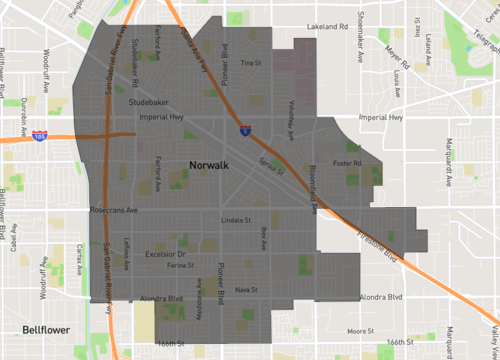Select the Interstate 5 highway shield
pos(245,129)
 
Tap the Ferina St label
pos(180,266)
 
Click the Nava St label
pos(246,289)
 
